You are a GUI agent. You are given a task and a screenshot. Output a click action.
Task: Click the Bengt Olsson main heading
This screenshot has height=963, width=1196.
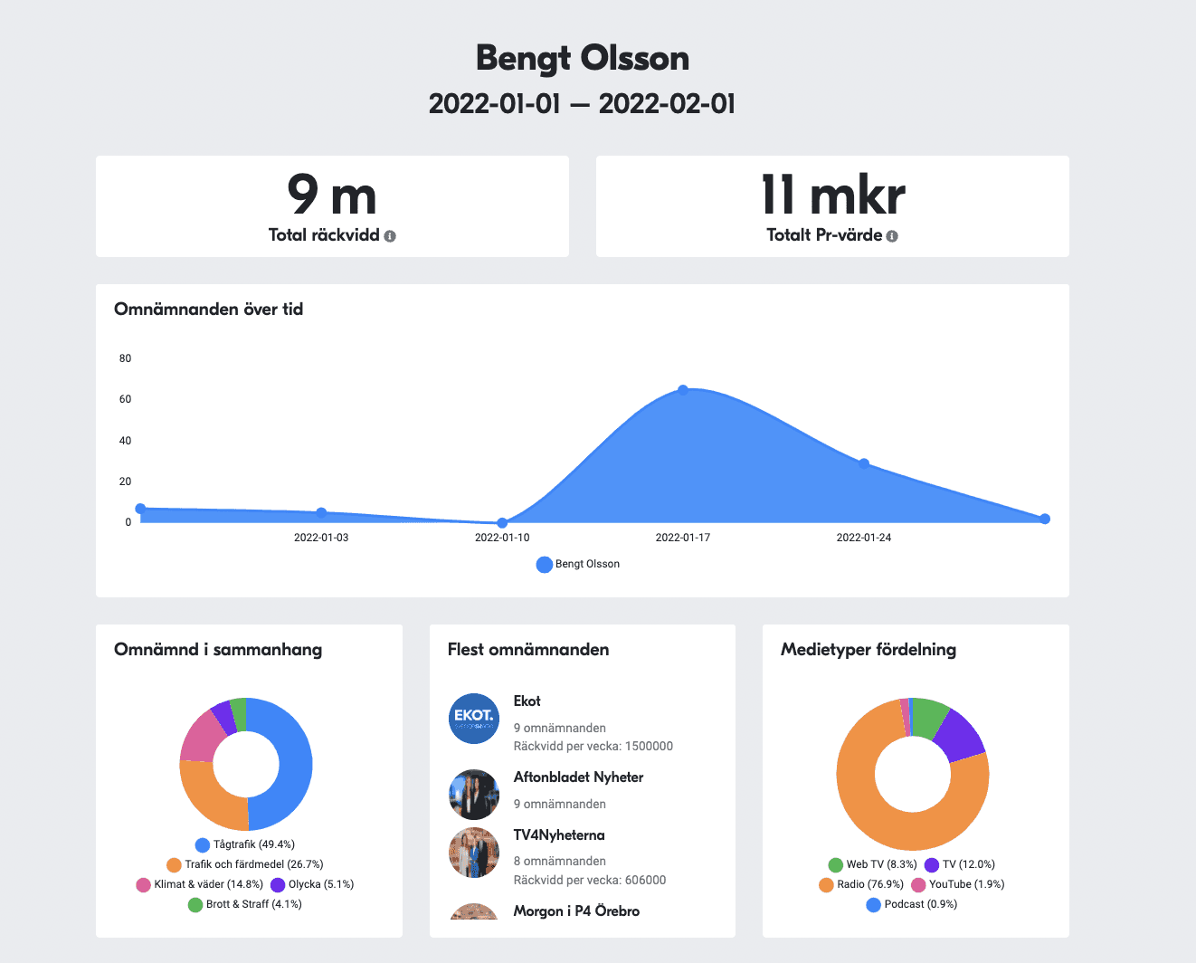(x=583, y=58)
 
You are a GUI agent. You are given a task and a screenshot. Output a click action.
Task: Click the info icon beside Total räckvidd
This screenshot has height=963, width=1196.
(x=390, y=236)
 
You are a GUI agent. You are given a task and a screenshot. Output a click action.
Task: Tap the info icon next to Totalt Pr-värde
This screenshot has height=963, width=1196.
(x=892, y=236)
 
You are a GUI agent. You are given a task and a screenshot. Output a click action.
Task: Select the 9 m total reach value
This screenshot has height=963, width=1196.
(x=332, y=195)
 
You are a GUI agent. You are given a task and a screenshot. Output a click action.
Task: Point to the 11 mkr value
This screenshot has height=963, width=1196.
(x=832, y=195)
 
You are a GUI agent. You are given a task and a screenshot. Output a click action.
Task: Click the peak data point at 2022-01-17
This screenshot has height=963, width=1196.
(x=683, y=390)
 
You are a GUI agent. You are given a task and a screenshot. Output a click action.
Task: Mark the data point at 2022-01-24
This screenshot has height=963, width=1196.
(x=864, y=463)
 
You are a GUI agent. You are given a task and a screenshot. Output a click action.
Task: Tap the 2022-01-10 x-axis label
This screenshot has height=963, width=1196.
(x=502, y=538)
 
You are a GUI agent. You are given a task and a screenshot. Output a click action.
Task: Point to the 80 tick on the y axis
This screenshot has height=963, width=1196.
(x=125, y=358)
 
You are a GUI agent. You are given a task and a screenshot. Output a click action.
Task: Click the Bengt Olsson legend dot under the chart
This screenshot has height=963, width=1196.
(x=544, y=565)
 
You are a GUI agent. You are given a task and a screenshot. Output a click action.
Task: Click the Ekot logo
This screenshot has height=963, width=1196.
(x=474, y=719)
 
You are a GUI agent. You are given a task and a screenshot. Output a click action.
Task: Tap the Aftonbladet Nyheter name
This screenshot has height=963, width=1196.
(x=578, y=777)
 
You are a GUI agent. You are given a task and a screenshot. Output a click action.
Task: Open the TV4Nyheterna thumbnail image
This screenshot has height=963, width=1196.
(x=474, y=853)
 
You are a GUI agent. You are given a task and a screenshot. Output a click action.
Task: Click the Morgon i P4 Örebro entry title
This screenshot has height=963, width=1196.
(x=576, y=911)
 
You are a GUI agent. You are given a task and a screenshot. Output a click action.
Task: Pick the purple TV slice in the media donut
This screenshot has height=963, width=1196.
(x=961, y=735)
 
